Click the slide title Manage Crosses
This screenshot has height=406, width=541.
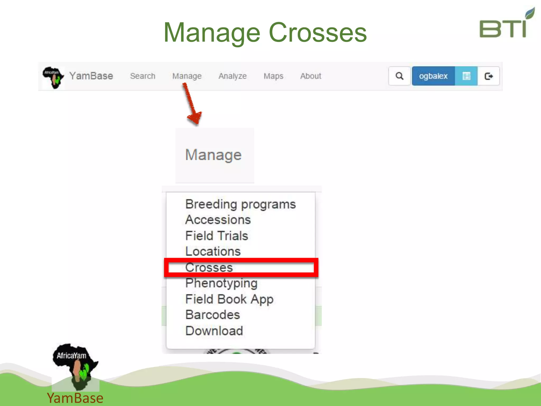265,33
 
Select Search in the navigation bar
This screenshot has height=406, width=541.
143,76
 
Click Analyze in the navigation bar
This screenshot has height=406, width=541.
232,76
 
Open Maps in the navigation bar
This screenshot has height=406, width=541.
273,76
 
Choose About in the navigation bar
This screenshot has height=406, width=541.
311,76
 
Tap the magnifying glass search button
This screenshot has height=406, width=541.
399,76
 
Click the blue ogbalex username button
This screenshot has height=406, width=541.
433,76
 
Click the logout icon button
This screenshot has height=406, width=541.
489,76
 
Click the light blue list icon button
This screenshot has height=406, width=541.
466,76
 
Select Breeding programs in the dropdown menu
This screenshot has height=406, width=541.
240,204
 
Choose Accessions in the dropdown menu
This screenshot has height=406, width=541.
218,220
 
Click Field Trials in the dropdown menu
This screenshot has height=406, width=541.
217,236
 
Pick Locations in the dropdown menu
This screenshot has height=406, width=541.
213,251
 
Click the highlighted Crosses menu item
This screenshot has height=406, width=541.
209,267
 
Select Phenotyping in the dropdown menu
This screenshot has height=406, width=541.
221,283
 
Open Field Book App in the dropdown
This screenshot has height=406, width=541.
229,299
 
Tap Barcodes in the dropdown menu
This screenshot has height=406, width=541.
213,315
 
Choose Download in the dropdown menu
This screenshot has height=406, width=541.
214,331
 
